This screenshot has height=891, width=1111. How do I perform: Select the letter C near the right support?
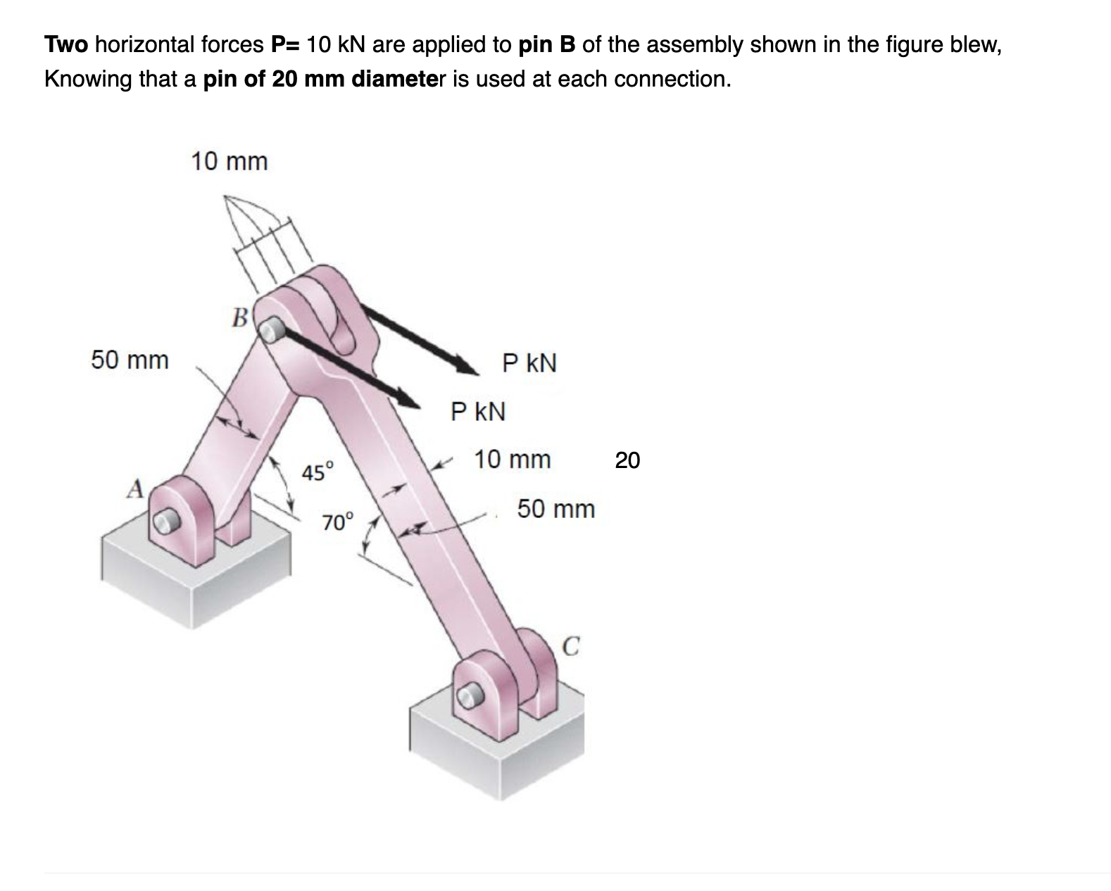coord(572,645)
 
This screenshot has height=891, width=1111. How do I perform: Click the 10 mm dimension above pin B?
coord(230,162)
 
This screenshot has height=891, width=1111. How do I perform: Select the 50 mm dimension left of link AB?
coord(130,360)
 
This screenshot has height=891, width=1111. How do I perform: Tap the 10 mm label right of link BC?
coord(512,460)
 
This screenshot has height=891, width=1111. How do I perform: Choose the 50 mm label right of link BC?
coord(555,508)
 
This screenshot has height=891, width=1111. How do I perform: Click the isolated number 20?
coord(627,460)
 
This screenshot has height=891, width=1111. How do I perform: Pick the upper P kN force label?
coord(529,363)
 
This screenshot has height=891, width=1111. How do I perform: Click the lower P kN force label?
coord(478,411)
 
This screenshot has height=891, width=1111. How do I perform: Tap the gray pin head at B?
coord(271,329)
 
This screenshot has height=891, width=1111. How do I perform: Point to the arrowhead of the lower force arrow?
coord(413,398)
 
